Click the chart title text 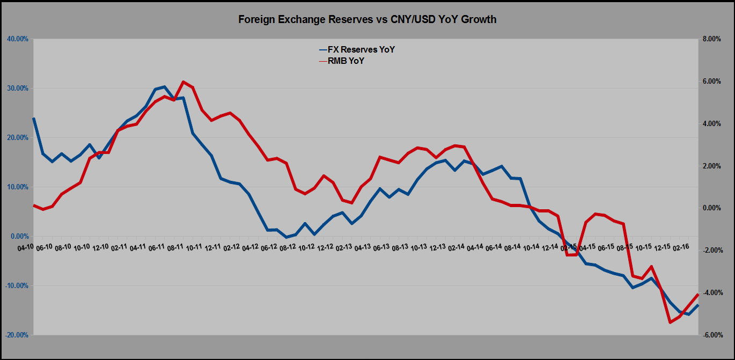[367, 20]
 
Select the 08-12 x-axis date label [288, 247]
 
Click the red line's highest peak [183, 82]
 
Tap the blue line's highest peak [164, 86]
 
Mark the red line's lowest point [670, 322]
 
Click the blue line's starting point [34, 119]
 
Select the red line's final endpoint [698, 294]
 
